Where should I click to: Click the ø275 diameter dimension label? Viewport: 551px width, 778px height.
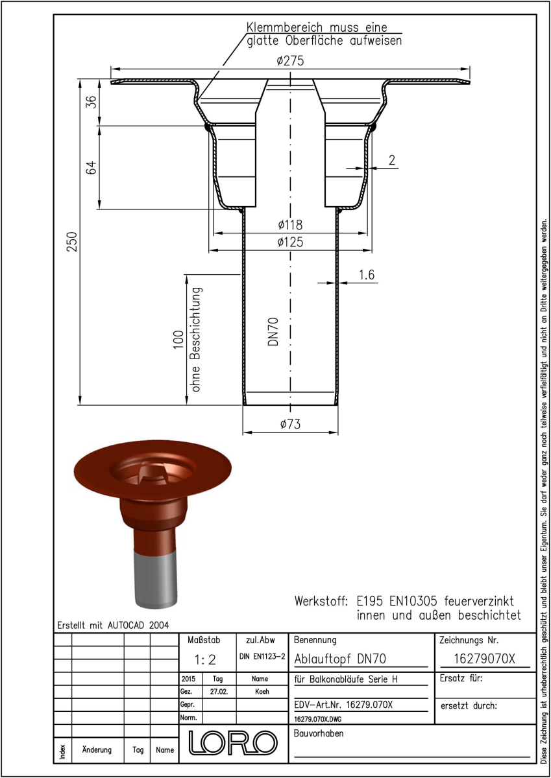[x=290, y=61]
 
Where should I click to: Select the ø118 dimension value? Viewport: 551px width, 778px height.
[x=290, y=225]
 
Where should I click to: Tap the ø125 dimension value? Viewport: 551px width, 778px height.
[x=290, y=242]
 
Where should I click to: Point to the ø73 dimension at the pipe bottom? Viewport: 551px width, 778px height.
[x=290, y=424]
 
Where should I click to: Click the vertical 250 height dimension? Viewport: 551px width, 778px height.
[x=72, y=242]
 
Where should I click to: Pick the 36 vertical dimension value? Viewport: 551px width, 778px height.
[x=91, y=102]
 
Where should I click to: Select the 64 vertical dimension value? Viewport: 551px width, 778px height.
[x=91, y=167]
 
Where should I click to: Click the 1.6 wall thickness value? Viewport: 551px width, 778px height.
[x=367, y=274]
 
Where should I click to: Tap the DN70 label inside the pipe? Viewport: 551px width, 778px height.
[x=273, y=332]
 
